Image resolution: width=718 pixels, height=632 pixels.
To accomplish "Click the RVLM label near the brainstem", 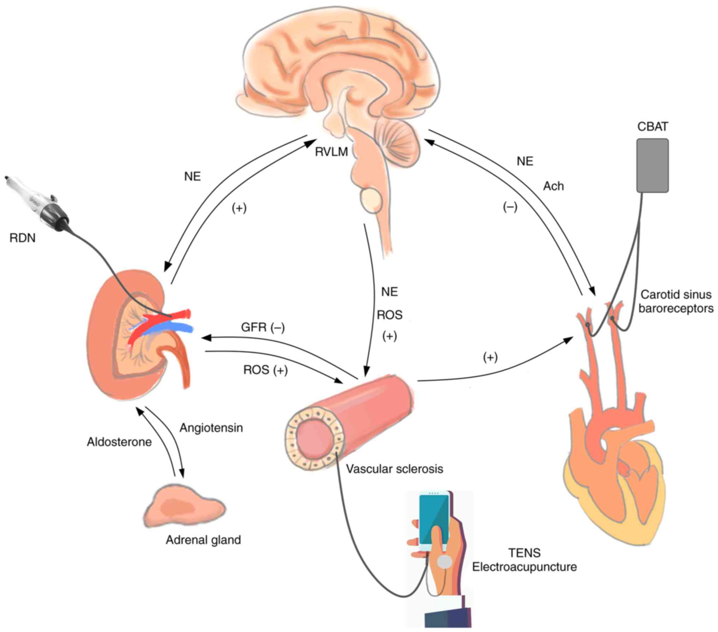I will click(x=331, y=152).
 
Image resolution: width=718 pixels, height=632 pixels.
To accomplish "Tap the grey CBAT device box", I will click(x=652, y=165).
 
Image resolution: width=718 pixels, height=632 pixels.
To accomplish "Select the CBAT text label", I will click(x=652, y=127).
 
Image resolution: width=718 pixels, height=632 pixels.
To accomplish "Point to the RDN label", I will click(x=23, y=238).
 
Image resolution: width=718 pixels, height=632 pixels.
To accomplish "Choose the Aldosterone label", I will click(x=119, y=442).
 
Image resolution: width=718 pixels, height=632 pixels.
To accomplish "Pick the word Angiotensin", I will click(x=211, y=428).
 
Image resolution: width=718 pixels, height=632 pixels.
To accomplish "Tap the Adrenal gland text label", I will click(x=203, y=540).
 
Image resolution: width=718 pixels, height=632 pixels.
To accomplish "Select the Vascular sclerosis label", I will click(x=394, y=469).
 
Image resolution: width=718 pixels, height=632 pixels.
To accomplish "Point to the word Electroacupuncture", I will click(x=524, y=567).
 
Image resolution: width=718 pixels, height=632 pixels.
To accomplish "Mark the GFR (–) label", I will click(x=263, y=327).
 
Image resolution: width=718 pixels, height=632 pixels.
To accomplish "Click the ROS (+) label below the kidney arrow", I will click(x=265, y=370).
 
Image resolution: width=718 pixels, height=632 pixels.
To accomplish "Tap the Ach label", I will click(x=553, y=186).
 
